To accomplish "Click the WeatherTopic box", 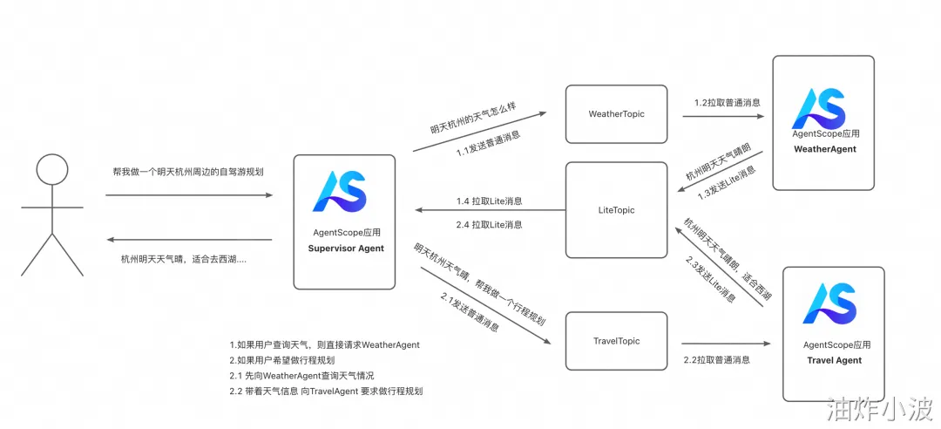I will pos(616,114).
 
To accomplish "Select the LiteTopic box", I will pos(616,210).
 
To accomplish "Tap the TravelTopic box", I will pos(616,341).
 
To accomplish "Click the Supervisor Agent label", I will pos(345,249).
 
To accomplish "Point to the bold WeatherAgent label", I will pos(824,149).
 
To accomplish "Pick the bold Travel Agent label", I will pos(834,360).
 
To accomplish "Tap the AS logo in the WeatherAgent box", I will pos(819,108).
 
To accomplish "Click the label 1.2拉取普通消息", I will pos(727,102).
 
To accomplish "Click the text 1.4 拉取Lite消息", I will pos(489,201).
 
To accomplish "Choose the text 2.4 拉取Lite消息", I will pos(489,224).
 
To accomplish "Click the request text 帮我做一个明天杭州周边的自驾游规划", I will pos(188,172).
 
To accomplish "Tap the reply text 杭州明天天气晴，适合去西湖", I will pos(183,259).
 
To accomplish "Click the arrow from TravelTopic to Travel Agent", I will pos(727,344).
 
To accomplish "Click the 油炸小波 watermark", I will pos(880,407).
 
